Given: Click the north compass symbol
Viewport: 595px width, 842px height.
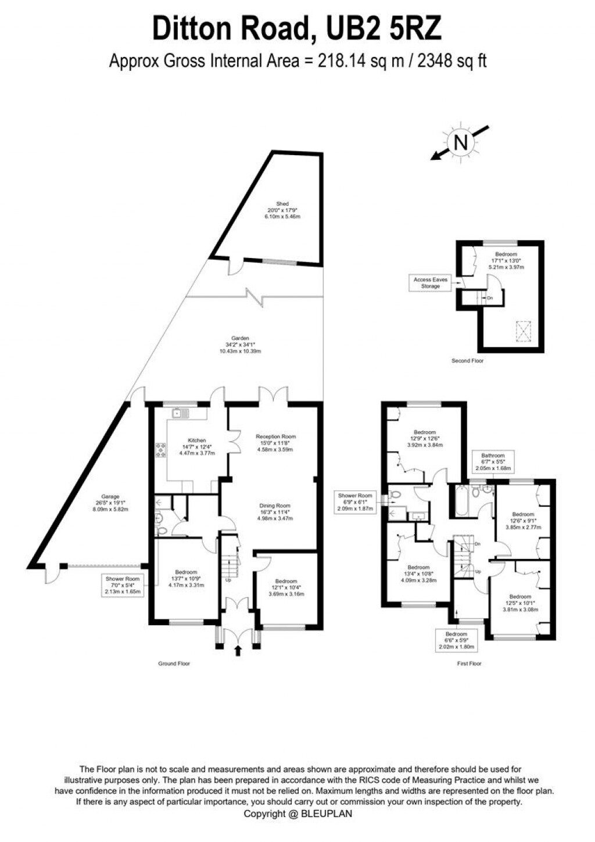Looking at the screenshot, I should coord(460,142).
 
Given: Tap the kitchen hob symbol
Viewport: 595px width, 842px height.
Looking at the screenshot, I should coord(160,450).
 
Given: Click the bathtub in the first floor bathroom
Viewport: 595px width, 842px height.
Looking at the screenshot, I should coord(459,500).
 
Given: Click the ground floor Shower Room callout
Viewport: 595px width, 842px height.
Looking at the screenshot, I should coord(123,585).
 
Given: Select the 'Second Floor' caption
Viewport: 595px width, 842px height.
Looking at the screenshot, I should coord(467,361).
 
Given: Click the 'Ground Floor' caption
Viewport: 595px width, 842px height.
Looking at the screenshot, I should coord(174,663).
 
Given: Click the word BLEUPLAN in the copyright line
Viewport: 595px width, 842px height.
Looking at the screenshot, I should coord(326,814).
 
